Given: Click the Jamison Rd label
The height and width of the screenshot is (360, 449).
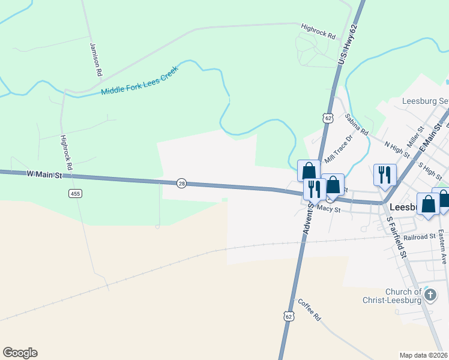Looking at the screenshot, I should [x=96, y=59].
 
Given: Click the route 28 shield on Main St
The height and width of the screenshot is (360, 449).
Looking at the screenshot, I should [x=181, y=183].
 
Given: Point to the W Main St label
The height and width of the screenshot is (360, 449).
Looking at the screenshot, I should [x=44, y=175].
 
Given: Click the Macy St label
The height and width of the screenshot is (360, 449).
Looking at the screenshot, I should [x=329, y=209].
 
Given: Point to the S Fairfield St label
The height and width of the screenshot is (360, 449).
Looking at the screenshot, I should [x=397, y=237].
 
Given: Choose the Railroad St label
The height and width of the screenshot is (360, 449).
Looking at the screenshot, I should [x=419, y=237].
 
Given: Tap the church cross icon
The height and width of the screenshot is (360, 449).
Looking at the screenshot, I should [x=430, y=295].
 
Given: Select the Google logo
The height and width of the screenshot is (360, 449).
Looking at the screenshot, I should [x=20, y=353].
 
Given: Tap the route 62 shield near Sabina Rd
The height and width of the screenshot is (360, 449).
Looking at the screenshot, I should [x=328, y=118].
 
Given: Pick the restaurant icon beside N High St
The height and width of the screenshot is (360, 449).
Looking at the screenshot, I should [x=384, y=175].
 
